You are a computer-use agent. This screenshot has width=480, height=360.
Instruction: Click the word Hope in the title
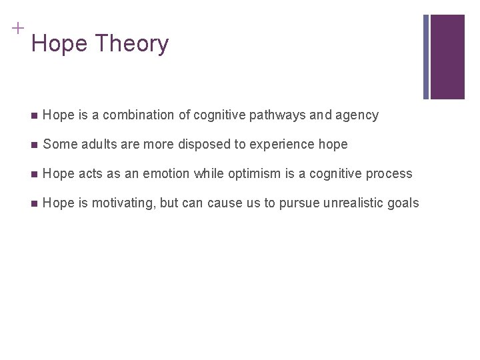(x=60, y=44)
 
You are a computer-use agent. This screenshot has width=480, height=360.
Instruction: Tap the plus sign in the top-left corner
(x=17, y=28)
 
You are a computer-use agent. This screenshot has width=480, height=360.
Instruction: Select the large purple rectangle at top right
(x=447, y=57)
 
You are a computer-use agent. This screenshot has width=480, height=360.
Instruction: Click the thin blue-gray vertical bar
(x=426, y=57)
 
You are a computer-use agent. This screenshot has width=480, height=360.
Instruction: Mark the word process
(x=389, y=174)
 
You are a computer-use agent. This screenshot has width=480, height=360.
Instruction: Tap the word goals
(x=403, y=203)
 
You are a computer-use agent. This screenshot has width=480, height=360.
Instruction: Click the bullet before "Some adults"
(x=33, y=145)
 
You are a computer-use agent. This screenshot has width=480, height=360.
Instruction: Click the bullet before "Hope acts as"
(x=33, y=174)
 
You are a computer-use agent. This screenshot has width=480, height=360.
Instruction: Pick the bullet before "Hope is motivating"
(x=33, y=203)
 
